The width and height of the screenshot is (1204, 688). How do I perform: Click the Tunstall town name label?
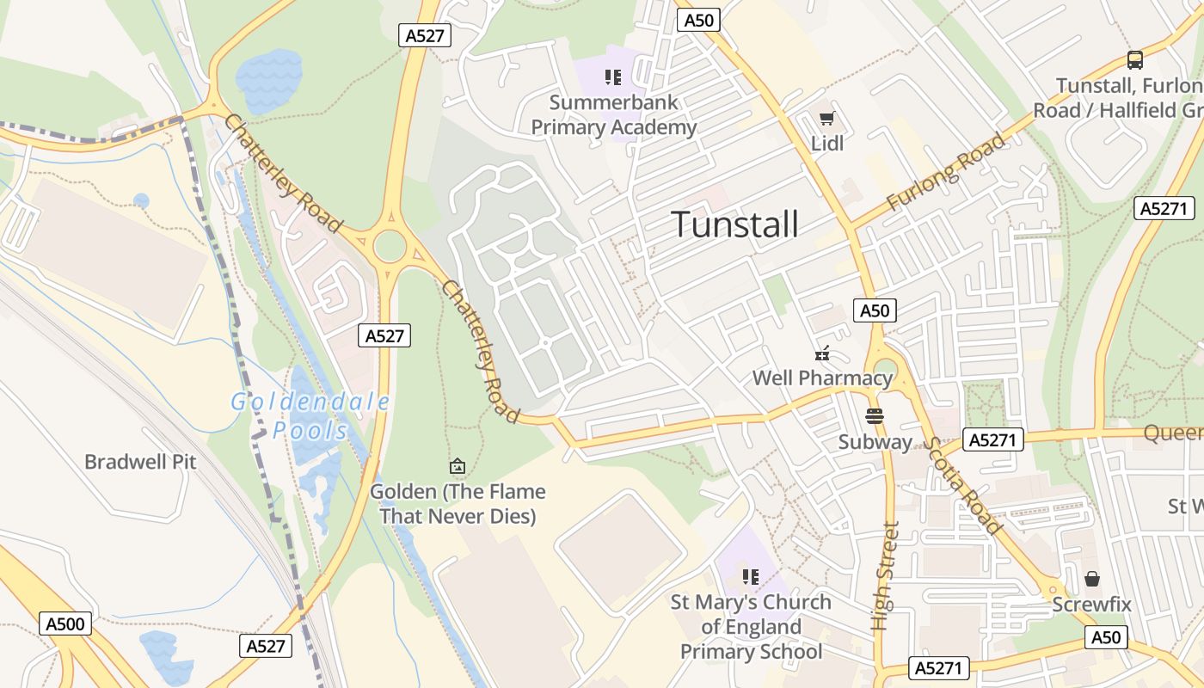tap(734, 224)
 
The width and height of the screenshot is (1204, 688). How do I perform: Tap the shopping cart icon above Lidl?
tap(826, 119)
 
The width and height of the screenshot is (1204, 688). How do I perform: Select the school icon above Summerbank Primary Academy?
tap(612, 78)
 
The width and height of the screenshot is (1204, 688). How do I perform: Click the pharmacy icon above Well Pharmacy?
tap(822, 353)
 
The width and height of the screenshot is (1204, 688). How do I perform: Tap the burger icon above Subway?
tap(875, 416)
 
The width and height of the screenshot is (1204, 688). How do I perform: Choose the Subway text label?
tap(875, 442)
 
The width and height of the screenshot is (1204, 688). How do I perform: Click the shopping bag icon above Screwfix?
tap(1091, 579)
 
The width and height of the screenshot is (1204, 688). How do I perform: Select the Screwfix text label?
tap(1091, 605)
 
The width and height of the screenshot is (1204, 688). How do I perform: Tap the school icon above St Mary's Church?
tap(750, 576)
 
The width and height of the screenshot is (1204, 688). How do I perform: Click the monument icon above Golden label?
tap(458, 466)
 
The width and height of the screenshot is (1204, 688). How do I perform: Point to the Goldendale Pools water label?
tap(310, 415)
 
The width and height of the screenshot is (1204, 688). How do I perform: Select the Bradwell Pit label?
tap(140, 462)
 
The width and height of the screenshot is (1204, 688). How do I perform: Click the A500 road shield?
tap(65, 623)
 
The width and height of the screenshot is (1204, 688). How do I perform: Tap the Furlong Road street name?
tap(946, 172)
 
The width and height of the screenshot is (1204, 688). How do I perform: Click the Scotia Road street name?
tap(964, 485)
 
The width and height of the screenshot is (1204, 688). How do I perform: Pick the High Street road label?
tap(885, 576)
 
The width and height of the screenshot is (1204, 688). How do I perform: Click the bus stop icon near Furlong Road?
tap(1135, 60)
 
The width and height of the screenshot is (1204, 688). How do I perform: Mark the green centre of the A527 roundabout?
tap(390, 247)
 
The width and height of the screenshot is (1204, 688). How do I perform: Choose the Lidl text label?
tap(827, 144)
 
